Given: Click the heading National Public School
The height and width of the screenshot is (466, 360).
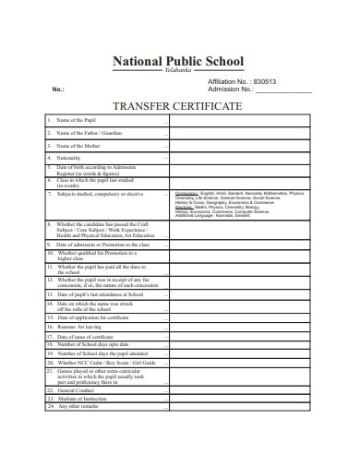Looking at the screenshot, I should tap(178, 62).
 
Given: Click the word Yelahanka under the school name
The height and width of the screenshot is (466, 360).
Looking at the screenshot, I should tap(178, 72).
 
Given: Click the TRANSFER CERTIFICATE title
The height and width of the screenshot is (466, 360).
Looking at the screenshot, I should tap(177, 106).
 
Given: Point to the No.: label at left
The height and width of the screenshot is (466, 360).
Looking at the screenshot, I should tap(58, 90).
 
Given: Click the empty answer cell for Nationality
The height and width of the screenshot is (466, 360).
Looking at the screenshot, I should tap(240, 158).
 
